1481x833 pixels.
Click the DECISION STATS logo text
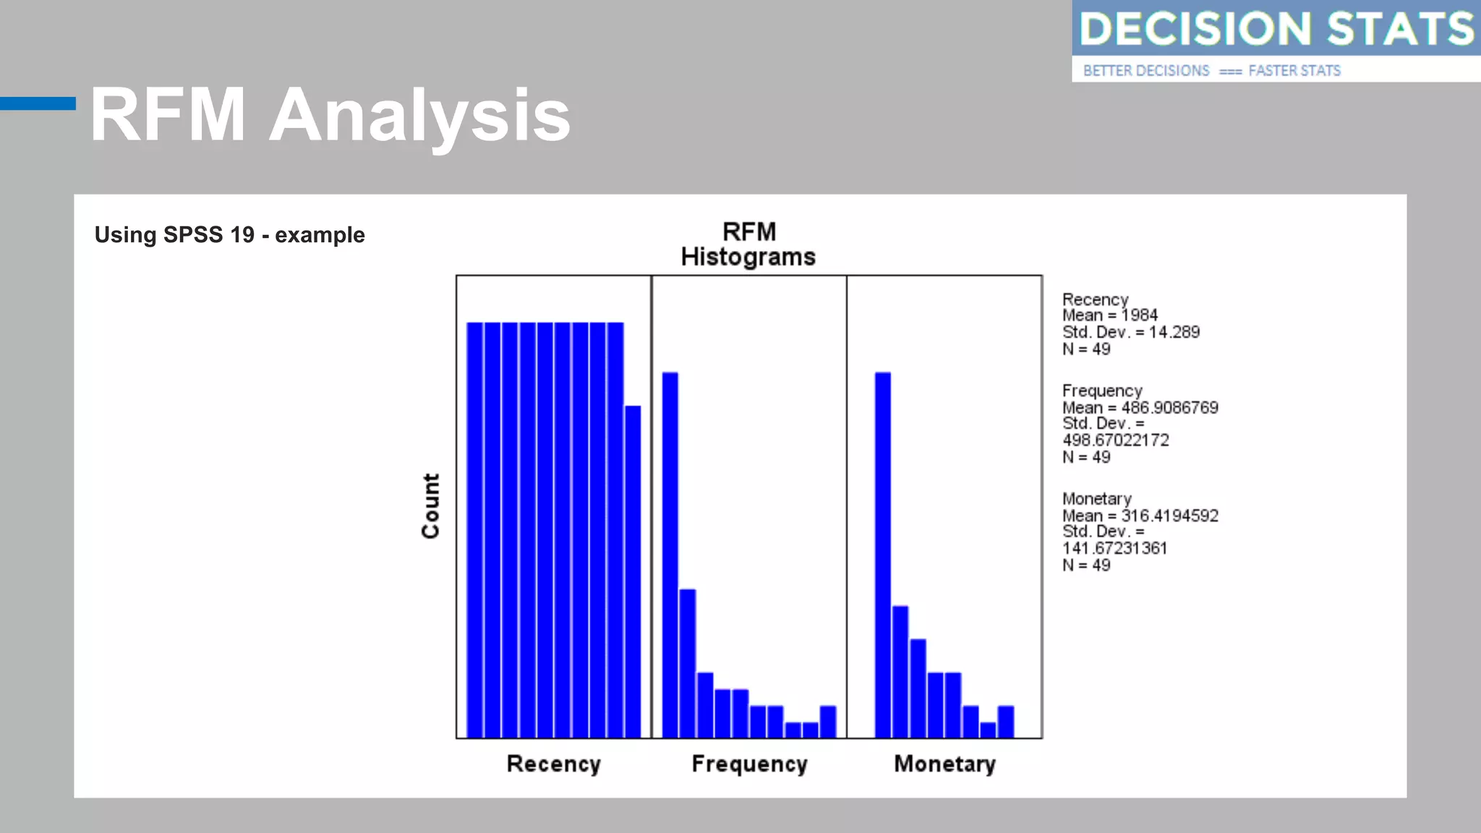1276,29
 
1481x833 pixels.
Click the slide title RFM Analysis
330,116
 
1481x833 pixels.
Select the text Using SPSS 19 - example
229,235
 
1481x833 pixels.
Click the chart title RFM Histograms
748,244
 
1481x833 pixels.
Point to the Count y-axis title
431,506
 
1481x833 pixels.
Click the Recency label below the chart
553,764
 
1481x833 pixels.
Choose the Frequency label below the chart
749,764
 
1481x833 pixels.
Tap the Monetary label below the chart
944,764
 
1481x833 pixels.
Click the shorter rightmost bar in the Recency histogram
633,571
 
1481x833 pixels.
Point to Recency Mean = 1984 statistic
1109,315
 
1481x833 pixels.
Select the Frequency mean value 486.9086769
1169,408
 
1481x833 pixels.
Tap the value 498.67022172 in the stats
1115,440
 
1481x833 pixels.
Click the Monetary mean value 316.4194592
1169,516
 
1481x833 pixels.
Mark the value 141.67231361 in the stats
1114,548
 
